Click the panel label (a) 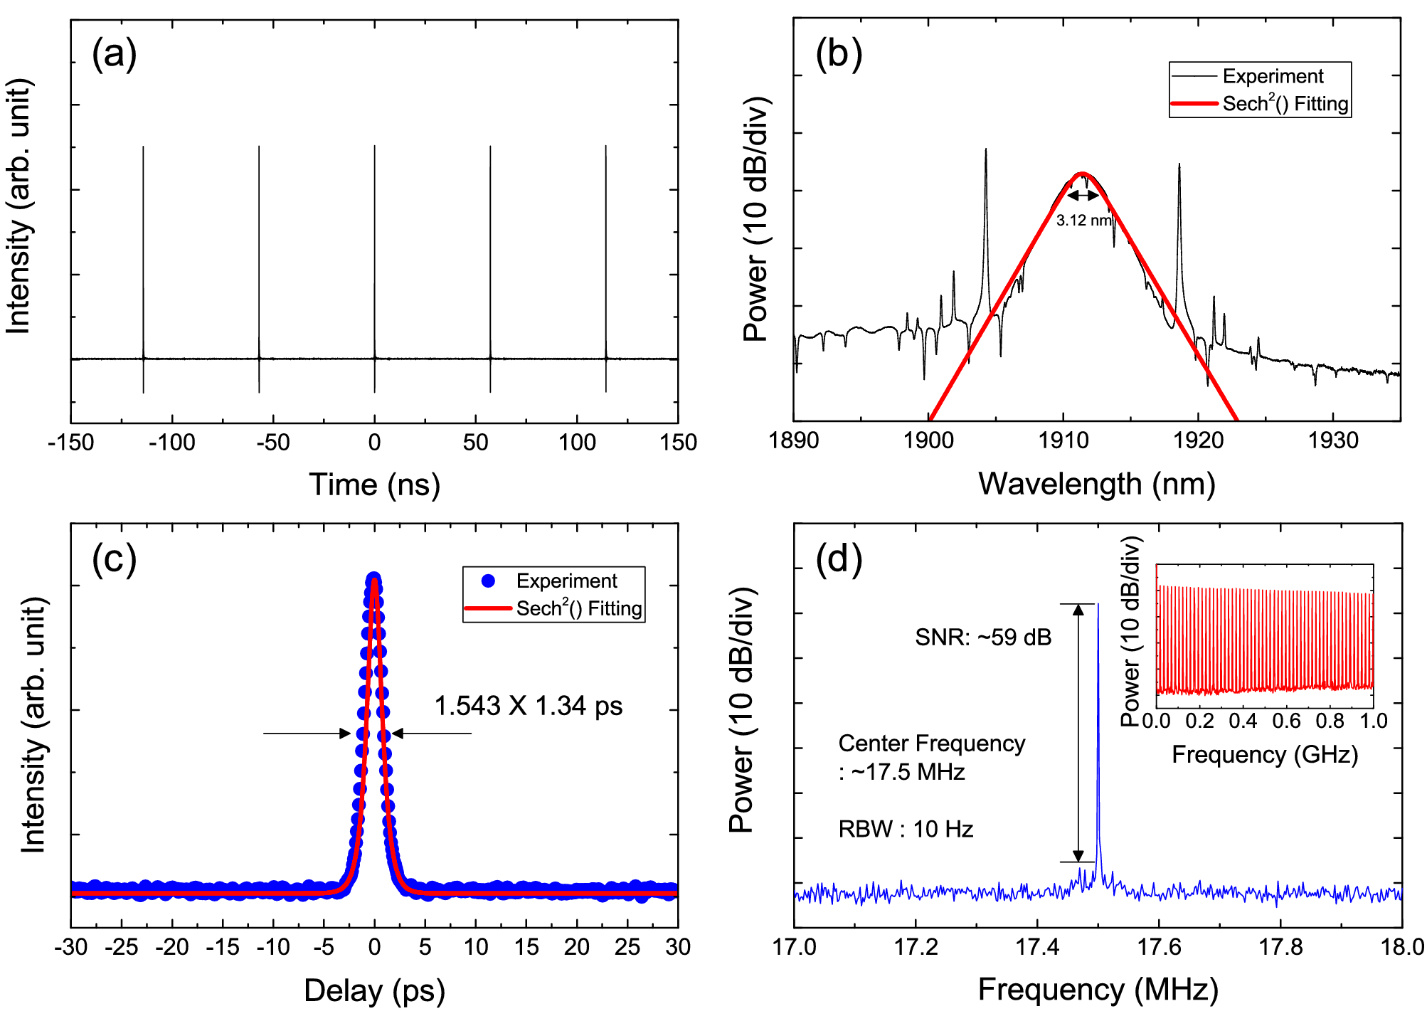click(x=114, y=55)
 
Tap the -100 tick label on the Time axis click(x=171, y=443)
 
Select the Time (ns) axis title click(x=374, y=485)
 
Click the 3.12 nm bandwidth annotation click(x=1083, y=221)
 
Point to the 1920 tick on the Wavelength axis click(x=1199, y=441)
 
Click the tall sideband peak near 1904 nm click(x=986, y=153)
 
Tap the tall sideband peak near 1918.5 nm click(x=1179, y=168)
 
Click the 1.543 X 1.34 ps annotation click(x=528, y=706)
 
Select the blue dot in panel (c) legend click(x=488, y=581)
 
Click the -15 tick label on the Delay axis click(x=223, y=947)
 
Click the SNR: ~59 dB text click(x=983, y=637)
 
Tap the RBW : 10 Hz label click(x=906, y=830)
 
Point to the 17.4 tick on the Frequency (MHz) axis click(x=1037, y=947)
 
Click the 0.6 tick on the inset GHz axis click(x=1286, y=721)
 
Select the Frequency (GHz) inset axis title click(x=1265, y=754)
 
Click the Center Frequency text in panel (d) click(x=931, y=744)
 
